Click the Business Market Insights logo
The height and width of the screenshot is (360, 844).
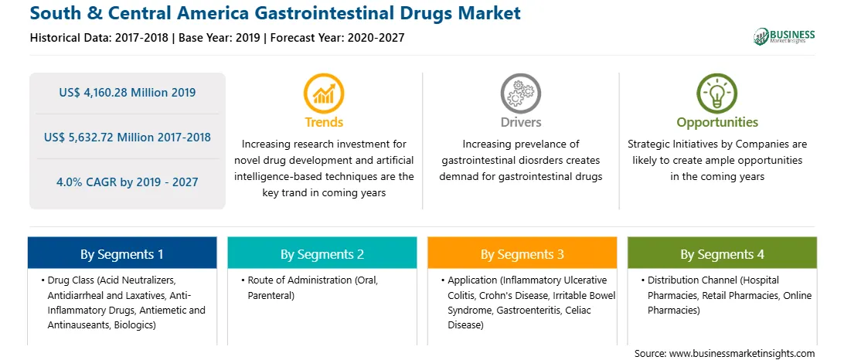click(x=784, y=36)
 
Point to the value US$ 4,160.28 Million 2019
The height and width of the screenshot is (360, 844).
click(x=127, y=93)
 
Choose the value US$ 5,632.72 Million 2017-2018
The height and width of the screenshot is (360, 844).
click(x=127, y=138)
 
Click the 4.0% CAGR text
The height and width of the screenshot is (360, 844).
click(x=127, y=182)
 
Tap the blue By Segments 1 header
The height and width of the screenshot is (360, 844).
click(x=121, y=254)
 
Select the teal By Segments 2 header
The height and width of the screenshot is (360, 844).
click(x=322, y=254)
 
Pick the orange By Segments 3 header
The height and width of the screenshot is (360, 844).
click(x=522, y=254)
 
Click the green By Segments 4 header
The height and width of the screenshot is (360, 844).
click(x=723, y=254)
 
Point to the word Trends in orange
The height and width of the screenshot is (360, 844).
click(x=324, y=122)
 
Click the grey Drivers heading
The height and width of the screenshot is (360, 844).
click(x=520, y=122)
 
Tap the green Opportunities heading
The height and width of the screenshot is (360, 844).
click(x=717, y=122)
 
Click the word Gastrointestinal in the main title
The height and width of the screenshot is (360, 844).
click(x=305, y=13)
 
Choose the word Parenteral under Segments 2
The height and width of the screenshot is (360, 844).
click(x=269, y=295)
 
